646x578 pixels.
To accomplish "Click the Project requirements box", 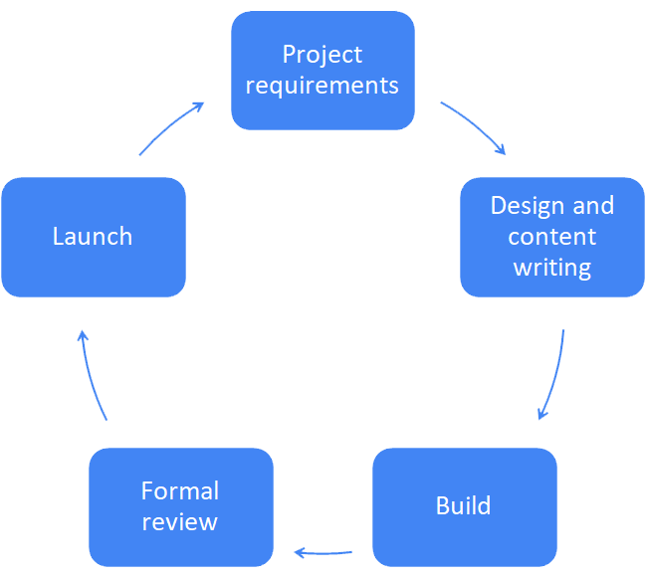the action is pyautogui.click(x=323, y=71).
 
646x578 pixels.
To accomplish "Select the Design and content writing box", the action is pyautogui.click(x=552, y=237).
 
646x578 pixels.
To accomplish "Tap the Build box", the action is pyautogui.click(x=465, y=507).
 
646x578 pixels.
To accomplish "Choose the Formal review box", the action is pyautogui.click(x=181, y=507).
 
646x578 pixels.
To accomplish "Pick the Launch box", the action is pyautogui.click(x=94, y=237).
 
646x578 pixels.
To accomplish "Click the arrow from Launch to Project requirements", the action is pyautogui.click(x=170, y=126).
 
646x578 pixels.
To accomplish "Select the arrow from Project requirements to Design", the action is pyautogui.click(x=475, y=125).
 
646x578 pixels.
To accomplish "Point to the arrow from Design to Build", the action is pyautogui.click(x=555, y=375).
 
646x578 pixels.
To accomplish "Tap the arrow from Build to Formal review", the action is pyautogui.click(x=323, y=553).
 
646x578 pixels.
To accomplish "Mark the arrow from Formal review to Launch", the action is pyautogui.click(x=91, y=375).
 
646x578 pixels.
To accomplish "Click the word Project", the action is pyautogui.click(x=323, y=55).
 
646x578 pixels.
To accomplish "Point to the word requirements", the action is pyautogui.click(x=323, y=86).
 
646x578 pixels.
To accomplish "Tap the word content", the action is pyautogui.click(x=552, y=237).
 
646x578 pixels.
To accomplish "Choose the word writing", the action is pyautogui.click(x=552, y=268).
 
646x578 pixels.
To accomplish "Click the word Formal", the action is pyautogui.click(x=180, y=490).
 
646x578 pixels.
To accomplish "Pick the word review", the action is pyautogui.click(x=179, y=522).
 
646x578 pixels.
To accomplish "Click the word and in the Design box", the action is pyautogui.click(x=593, y=205).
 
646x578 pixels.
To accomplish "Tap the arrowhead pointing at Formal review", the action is pyautogui.click(x=299, y=553).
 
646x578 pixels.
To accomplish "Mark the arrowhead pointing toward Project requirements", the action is pyautogui.click(x=199, y=106).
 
